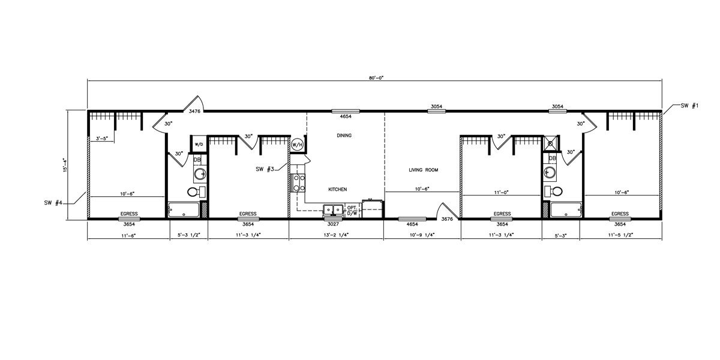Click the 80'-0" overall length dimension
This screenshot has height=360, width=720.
376,78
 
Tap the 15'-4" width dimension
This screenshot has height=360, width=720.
65,164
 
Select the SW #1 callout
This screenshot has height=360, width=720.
689,106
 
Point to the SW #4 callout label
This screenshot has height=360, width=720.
53,203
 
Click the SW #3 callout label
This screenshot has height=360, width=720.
265,169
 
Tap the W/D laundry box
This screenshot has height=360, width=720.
199,145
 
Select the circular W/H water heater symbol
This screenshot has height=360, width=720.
297,145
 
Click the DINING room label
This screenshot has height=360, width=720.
344,136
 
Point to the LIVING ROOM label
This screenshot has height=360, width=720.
424,170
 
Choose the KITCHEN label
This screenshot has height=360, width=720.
337,190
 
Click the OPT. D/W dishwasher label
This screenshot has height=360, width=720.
352,211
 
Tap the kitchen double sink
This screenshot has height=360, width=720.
333,210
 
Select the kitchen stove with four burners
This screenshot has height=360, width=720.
298,182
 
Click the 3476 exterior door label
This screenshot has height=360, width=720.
194,111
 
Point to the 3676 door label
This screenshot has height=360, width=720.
447,219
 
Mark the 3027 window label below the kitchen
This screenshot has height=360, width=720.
333,224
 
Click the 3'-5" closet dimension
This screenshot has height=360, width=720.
102,139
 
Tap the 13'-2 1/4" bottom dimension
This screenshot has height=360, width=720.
337,235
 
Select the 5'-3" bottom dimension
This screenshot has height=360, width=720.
560,235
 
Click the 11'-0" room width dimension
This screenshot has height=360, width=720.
502,192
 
